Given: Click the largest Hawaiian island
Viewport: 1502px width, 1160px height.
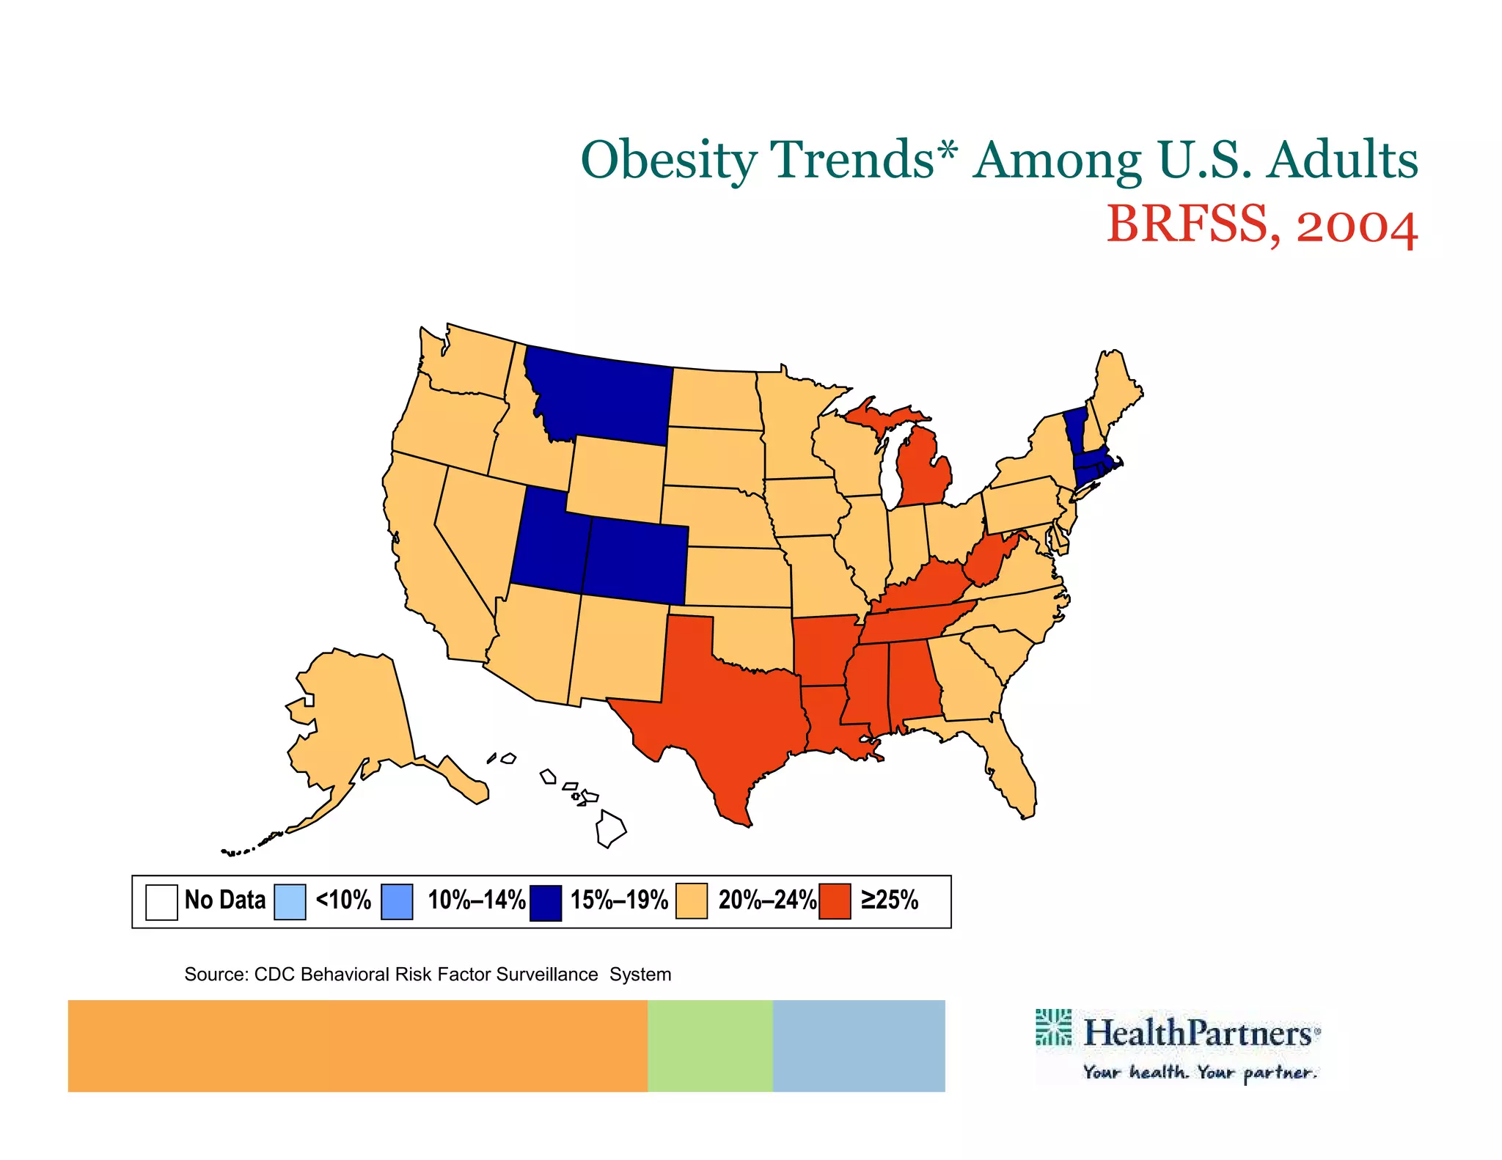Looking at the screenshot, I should (610, 829).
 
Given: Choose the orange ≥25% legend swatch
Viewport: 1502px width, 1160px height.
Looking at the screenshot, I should (835, 901).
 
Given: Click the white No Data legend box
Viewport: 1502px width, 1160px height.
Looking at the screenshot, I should (161, 902).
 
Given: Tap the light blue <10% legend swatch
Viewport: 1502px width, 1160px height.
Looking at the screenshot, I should (290, 902).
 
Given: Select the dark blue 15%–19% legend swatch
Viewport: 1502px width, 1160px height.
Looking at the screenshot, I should (546, 902).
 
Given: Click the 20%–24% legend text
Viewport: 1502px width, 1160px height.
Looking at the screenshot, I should (766, 900).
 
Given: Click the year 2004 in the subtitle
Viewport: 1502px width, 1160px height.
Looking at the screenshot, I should (1357, 225).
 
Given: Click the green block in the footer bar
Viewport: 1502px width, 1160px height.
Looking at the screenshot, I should (710, 1046).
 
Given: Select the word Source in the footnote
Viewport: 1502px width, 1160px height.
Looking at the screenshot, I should (214, 974).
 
